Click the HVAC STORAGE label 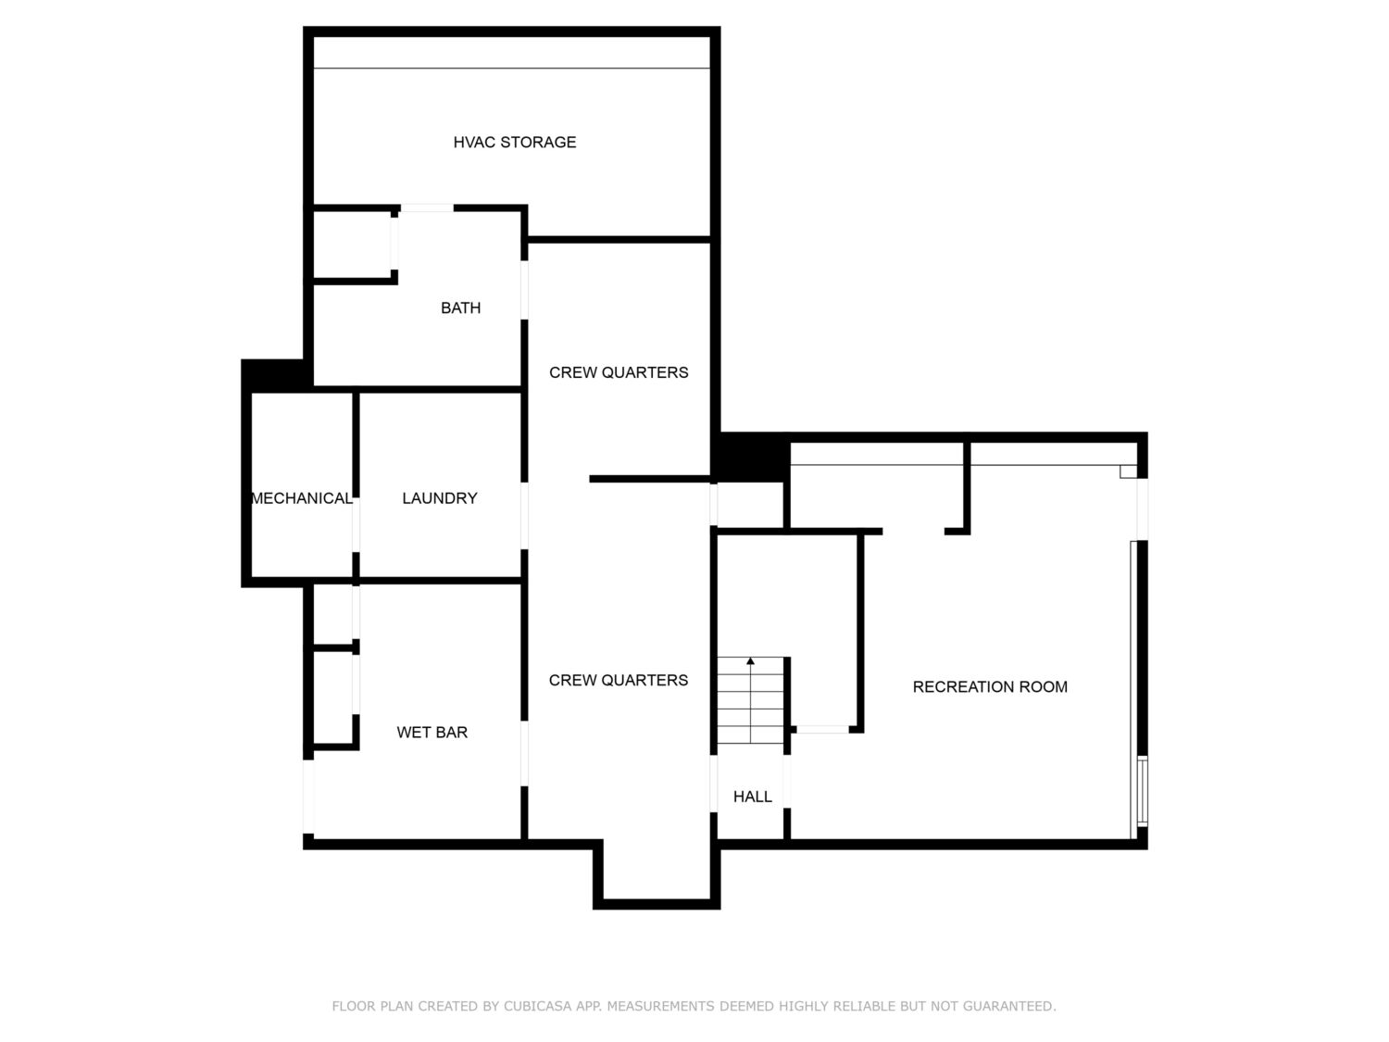click(x=515, y=143)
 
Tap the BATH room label click(x=460, y=308)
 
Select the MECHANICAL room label click(x=302, y=498)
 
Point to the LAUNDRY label click(x=440, y=498)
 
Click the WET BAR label click(x=432, y=733)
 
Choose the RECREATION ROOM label click(x=990, y=687)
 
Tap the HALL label click(x=753, y=797)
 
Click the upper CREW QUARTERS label click(x=619, y=372)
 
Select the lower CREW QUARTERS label click(x=619, y=680)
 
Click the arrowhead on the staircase click(x=750, y=661)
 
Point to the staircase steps click(x=750, y=700)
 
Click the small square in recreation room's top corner click(x=1128, y=472)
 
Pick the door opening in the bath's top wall click(x=427, y=208)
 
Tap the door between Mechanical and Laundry click(x=357, y=525)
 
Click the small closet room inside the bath click(x=353, y=245)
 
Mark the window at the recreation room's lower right click(x=1142, y=792)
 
